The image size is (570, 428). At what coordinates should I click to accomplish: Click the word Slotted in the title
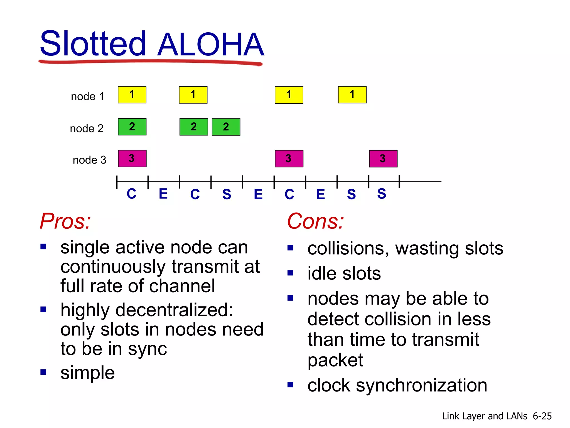pyautogui.click(x=93, y=44)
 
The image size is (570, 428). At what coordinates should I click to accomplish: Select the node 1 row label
pyautogui.click(x=87, y=96)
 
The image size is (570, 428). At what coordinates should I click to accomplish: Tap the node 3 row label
pyautogui.click(x=89, y=160)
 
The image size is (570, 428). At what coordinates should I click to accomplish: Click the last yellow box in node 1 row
pyautogui.click(x=352, y=95)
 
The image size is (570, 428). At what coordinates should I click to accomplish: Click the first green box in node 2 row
pyautogui.click(x=132, y=127)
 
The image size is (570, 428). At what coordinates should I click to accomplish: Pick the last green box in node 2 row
pyautogui.click(x=226, y=127)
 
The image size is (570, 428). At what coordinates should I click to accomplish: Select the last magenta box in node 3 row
pyautogui.click(x=383, y=159)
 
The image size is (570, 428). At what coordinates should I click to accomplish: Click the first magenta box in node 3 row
pyautogui.click(x=132, y=159)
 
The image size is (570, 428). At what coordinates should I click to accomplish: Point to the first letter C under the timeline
pyautogui.click(x=131, y=194)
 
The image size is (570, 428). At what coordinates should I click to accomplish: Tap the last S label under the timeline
pyautogui.click(x=382, y=194)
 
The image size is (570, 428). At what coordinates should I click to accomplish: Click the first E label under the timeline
pyautogui.click(x=163, y=194)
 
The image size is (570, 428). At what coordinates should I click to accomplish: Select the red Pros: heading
pyautogui.click(x=65, y=221)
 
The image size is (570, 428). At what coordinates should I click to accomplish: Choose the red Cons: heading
pyautogui.click(x=315, y=221)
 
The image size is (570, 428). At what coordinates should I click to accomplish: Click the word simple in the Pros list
pyautogui.click(x=87, y=373)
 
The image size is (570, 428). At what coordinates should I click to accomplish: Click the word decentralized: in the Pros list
pyautogui.click(x=174, y=310)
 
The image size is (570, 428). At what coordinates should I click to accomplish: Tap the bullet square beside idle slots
pyautogui.click(x=290, y=273)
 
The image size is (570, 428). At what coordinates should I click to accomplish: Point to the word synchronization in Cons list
pyautogui.click(x=421, y=385)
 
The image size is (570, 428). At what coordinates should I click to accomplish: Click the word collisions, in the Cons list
pyautogui.click(x=348, y=248)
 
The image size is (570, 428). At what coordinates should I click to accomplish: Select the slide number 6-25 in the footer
pyautogui.click(x=542, y=416)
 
